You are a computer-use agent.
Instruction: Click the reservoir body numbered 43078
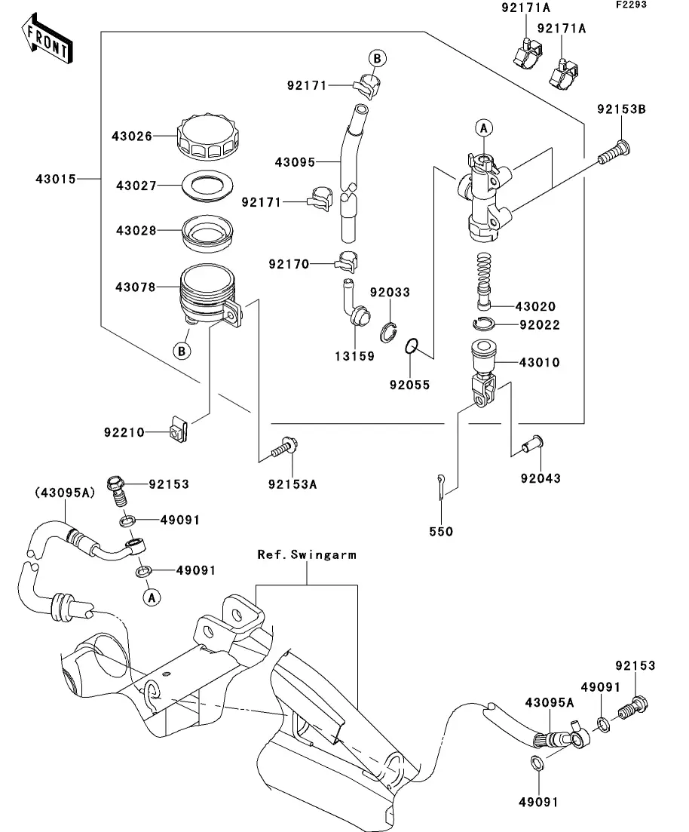click(207, 296)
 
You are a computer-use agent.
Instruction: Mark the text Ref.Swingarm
click(307, 554)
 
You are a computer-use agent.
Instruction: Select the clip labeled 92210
click(179, 431)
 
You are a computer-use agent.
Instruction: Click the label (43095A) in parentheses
click(63, 493)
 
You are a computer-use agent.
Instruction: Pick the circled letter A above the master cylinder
click(483, 128)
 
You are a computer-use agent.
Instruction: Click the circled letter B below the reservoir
click(182, 351)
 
